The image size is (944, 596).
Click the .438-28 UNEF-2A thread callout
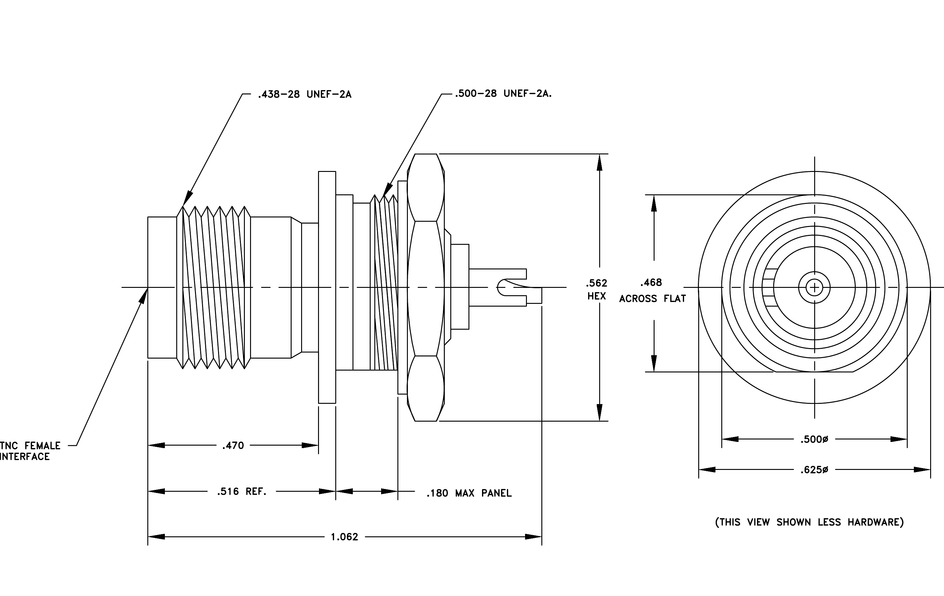coord(305,94)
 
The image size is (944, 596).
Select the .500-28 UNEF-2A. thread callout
coord(503,94)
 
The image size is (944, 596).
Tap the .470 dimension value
coord(233,446)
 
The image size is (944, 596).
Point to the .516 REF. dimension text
coord(242,491)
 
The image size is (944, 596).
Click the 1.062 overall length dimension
coord(345,537)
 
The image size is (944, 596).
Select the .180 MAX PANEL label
coord(469,493)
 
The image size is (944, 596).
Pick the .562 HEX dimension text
coord(597,289)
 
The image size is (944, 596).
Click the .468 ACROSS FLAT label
coord(653,290)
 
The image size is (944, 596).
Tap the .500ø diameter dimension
coord(814,439)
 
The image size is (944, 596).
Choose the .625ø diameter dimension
coord(814,469)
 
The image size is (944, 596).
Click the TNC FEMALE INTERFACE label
coord(30,451)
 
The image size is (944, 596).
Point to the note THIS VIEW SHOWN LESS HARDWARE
coord(810,522)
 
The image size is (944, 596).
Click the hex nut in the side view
coord(426,288)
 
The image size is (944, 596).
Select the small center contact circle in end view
coord(814,288)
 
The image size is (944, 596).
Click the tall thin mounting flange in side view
coord(327,287)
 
